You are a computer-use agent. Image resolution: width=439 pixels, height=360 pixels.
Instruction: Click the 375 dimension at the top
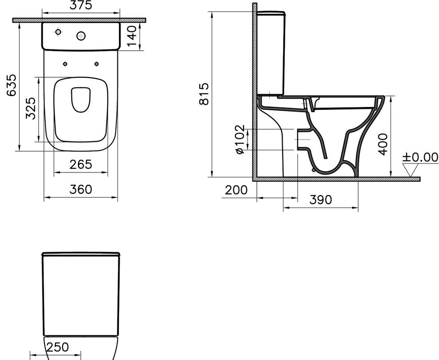(80, 5)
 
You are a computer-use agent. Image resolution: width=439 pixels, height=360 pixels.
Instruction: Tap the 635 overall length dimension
(12, 84)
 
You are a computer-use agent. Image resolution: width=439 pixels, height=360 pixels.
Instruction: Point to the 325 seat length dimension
(30, 109)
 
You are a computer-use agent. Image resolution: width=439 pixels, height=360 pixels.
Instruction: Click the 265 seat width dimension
(81, 164)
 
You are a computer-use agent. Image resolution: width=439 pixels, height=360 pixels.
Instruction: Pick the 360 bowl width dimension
(81, 189)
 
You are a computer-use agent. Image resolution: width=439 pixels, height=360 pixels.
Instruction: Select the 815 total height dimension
(204, 94)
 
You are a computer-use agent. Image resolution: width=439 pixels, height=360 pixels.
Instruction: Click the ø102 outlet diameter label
(239, 139)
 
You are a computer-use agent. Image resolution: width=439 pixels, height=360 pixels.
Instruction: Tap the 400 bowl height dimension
(383, 143)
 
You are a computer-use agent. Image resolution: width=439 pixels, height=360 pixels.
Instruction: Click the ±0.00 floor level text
(420, 157)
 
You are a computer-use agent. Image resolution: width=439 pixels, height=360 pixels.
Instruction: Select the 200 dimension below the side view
(236, 190)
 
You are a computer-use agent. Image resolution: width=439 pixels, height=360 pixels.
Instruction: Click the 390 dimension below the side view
(320, 200)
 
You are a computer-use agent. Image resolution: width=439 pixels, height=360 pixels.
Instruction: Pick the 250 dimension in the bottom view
(58, 347)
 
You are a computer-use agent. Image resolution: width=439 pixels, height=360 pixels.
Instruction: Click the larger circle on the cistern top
(81, 36)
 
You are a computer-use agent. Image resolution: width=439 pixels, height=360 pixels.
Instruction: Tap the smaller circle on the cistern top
(58, 32)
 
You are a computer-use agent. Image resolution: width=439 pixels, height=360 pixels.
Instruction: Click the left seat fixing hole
(65, 64)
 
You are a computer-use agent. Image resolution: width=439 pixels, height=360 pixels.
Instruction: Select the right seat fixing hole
(96, 64)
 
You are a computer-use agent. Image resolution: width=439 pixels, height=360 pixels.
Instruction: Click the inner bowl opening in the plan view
(81, 99)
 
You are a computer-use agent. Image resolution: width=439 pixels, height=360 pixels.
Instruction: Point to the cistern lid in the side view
(271, 12)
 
